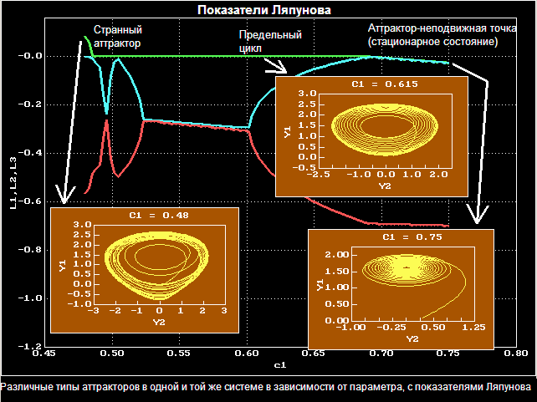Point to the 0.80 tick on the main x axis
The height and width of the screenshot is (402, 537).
[x=517, y=354]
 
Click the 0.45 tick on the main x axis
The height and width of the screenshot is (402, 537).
[x=43, y=354]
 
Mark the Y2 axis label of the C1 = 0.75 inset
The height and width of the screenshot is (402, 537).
[x=412, y=338]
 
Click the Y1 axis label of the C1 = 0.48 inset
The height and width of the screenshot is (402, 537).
[x=62, y=265]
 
